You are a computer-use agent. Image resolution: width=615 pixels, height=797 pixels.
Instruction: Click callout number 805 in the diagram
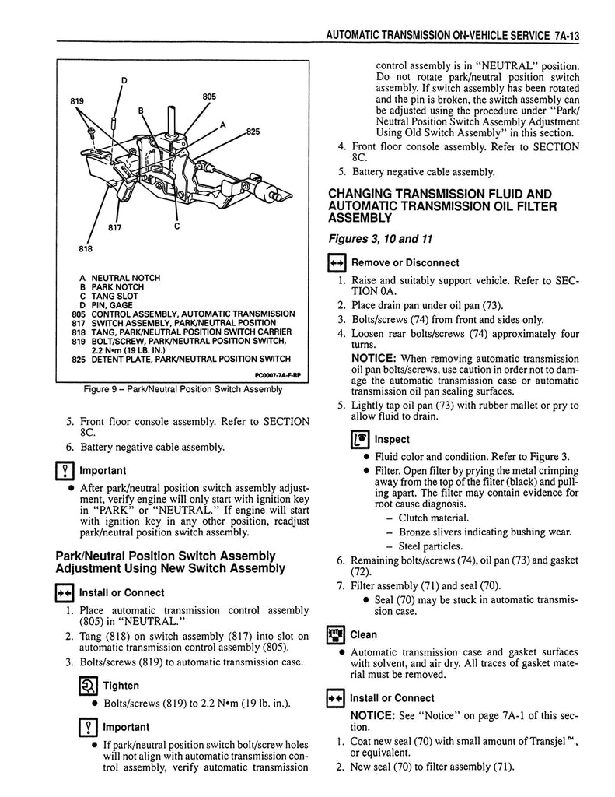(208, 97)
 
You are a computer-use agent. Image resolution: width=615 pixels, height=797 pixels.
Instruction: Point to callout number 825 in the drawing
(253, 132)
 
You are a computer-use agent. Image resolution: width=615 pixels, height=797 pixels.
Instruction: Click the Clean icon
(335, 634)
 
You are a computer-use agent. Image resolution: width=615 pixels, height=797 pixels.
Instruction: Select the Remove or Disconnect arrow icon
(335, 262)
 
